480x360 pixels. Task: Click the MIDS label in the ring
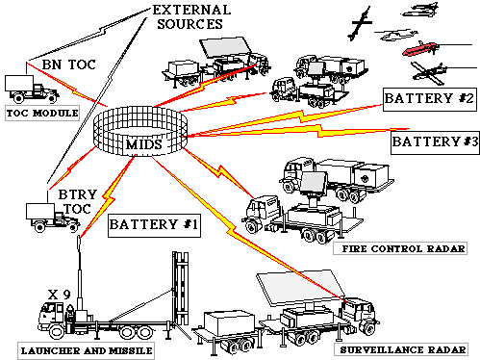coord(144,144)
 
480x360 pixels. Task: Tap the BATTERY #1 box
coord(154,225)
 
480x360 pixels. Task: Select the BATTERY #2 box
coord(430,99)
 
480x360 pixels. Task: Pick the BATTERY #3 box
coord(435,142)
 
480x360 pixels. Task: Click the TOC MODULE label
coord(42,114)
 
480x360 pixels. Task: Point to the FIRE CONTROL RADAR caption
coord(400,248)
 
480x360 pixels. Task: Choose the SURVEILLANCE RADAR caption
coord(400,349)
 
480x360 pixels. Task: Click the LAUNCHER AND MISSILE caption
coord(86,350)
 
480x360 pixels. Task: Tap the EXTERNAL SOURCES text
coord(191,17)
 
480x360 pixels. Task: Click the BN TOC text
coord(69,64)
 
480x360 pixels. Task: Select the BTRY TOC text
coord(77,201)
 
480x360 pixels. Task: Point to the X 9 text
coord(59,295)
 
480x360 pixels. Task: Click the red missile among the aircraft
coord(419,48)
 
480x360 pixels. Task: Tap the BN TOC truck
coord(31,89)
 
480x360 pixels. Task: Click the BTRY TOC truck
coord(52,217)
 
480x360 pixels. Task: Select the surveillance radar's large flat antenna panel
coord(300,288)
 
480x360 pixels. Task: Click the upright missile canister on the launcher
coord(181,288)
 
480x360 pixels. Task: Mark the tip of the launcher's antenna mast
coord(79,237)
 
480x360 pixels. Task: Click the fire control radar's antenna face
coord(314,184)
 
